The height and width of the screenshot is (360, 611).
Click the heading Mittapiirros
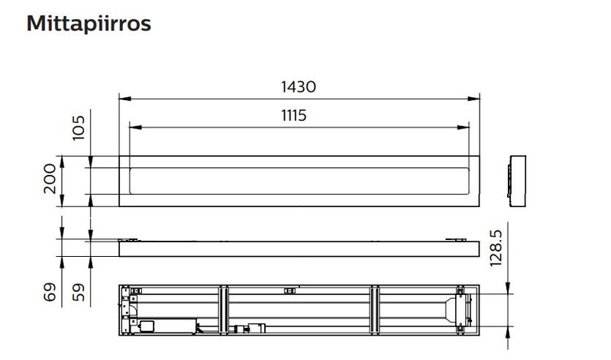89,24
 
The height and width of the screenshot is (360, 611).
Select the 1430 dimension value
299,86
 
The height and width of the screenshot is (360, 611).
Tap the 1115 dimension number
294,115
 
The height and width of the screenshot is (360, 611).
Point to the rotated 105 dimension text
79,128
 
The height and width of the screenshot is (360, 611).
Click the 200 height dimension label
50,179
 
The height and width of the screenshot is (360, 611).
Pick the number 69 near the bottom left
50,292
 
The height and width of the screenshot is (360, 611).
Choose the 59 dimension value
79,292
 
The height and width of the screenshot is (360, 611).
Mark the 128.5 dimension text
496,248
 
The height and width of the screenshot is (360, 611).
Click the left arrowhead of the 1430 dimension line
125,99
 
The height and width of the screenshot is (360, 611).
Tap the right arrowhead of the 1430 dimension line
474,99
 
